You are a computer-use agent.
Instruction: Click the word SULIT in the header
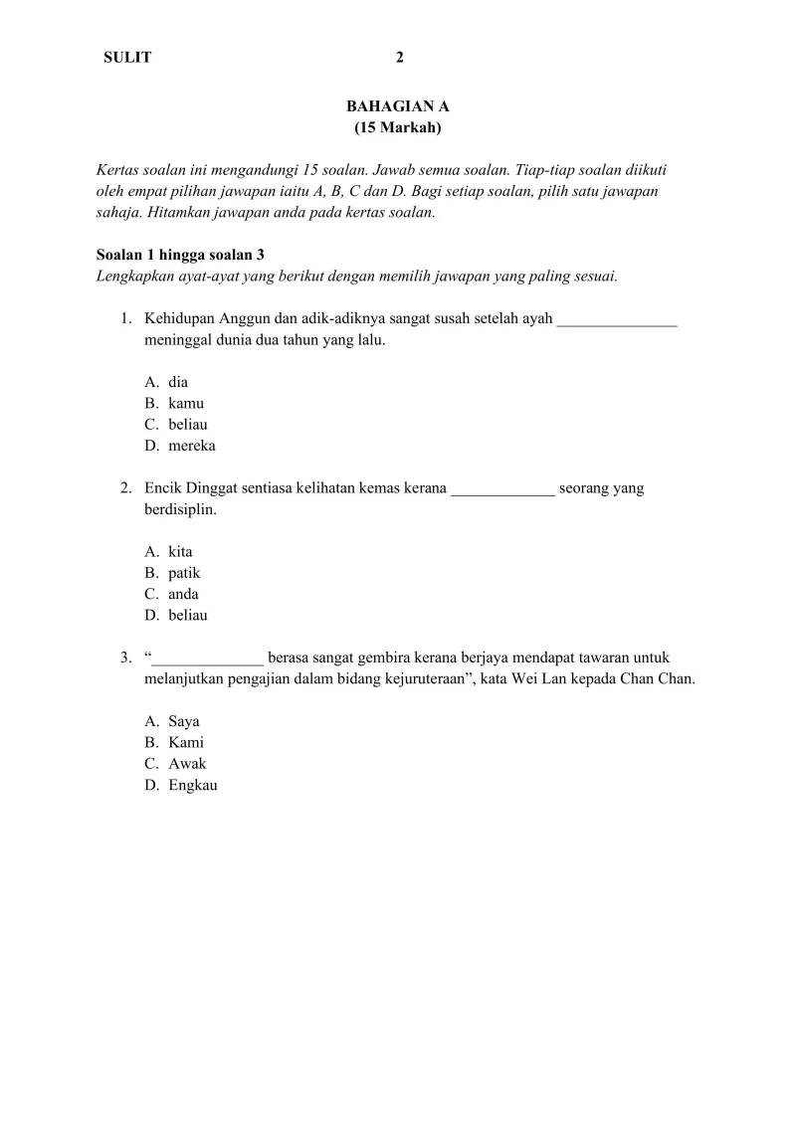tap(127, 58)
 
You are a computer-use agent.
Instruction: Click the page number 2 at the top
tap(400, 58)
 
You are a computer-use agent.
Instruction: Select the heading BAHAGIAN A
tap(398, 105)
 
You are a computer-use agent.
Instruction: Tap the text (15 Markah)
tap(398, 127)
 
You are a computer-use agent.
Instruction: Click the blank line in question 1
tap(617, 320)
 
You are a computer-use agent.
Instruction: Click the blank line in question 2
tap(502, 489)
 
